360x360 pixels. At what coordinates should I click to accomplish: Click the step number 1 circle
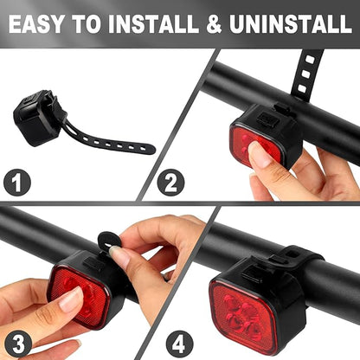(16, 183)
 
